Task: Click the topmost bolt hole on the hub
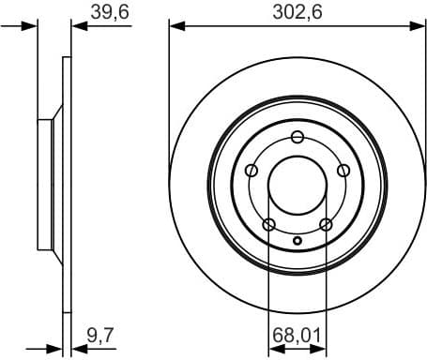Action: (297, 139)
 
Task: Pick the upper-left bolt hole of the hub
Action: (252, 171)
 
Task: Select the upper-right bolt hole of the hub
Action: (343, 170)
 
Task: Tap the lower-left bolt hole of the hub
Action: (269, 224)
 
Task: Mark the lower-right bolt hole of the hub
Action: (326, 224)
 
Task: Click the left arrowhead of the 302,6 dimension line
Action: (175, 26)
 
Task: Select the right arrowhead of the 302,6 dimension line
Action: (420, 26)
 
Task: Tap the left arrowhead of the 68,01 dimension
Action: (274, 346)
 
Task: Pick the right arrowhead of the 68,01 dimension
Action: (321, 346)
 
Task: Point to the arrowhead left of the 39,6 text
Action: (78, 26)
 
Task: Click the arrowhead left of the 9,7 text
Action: (78, 346)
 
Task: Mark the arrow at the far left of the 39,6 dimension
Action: (30, 26)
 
